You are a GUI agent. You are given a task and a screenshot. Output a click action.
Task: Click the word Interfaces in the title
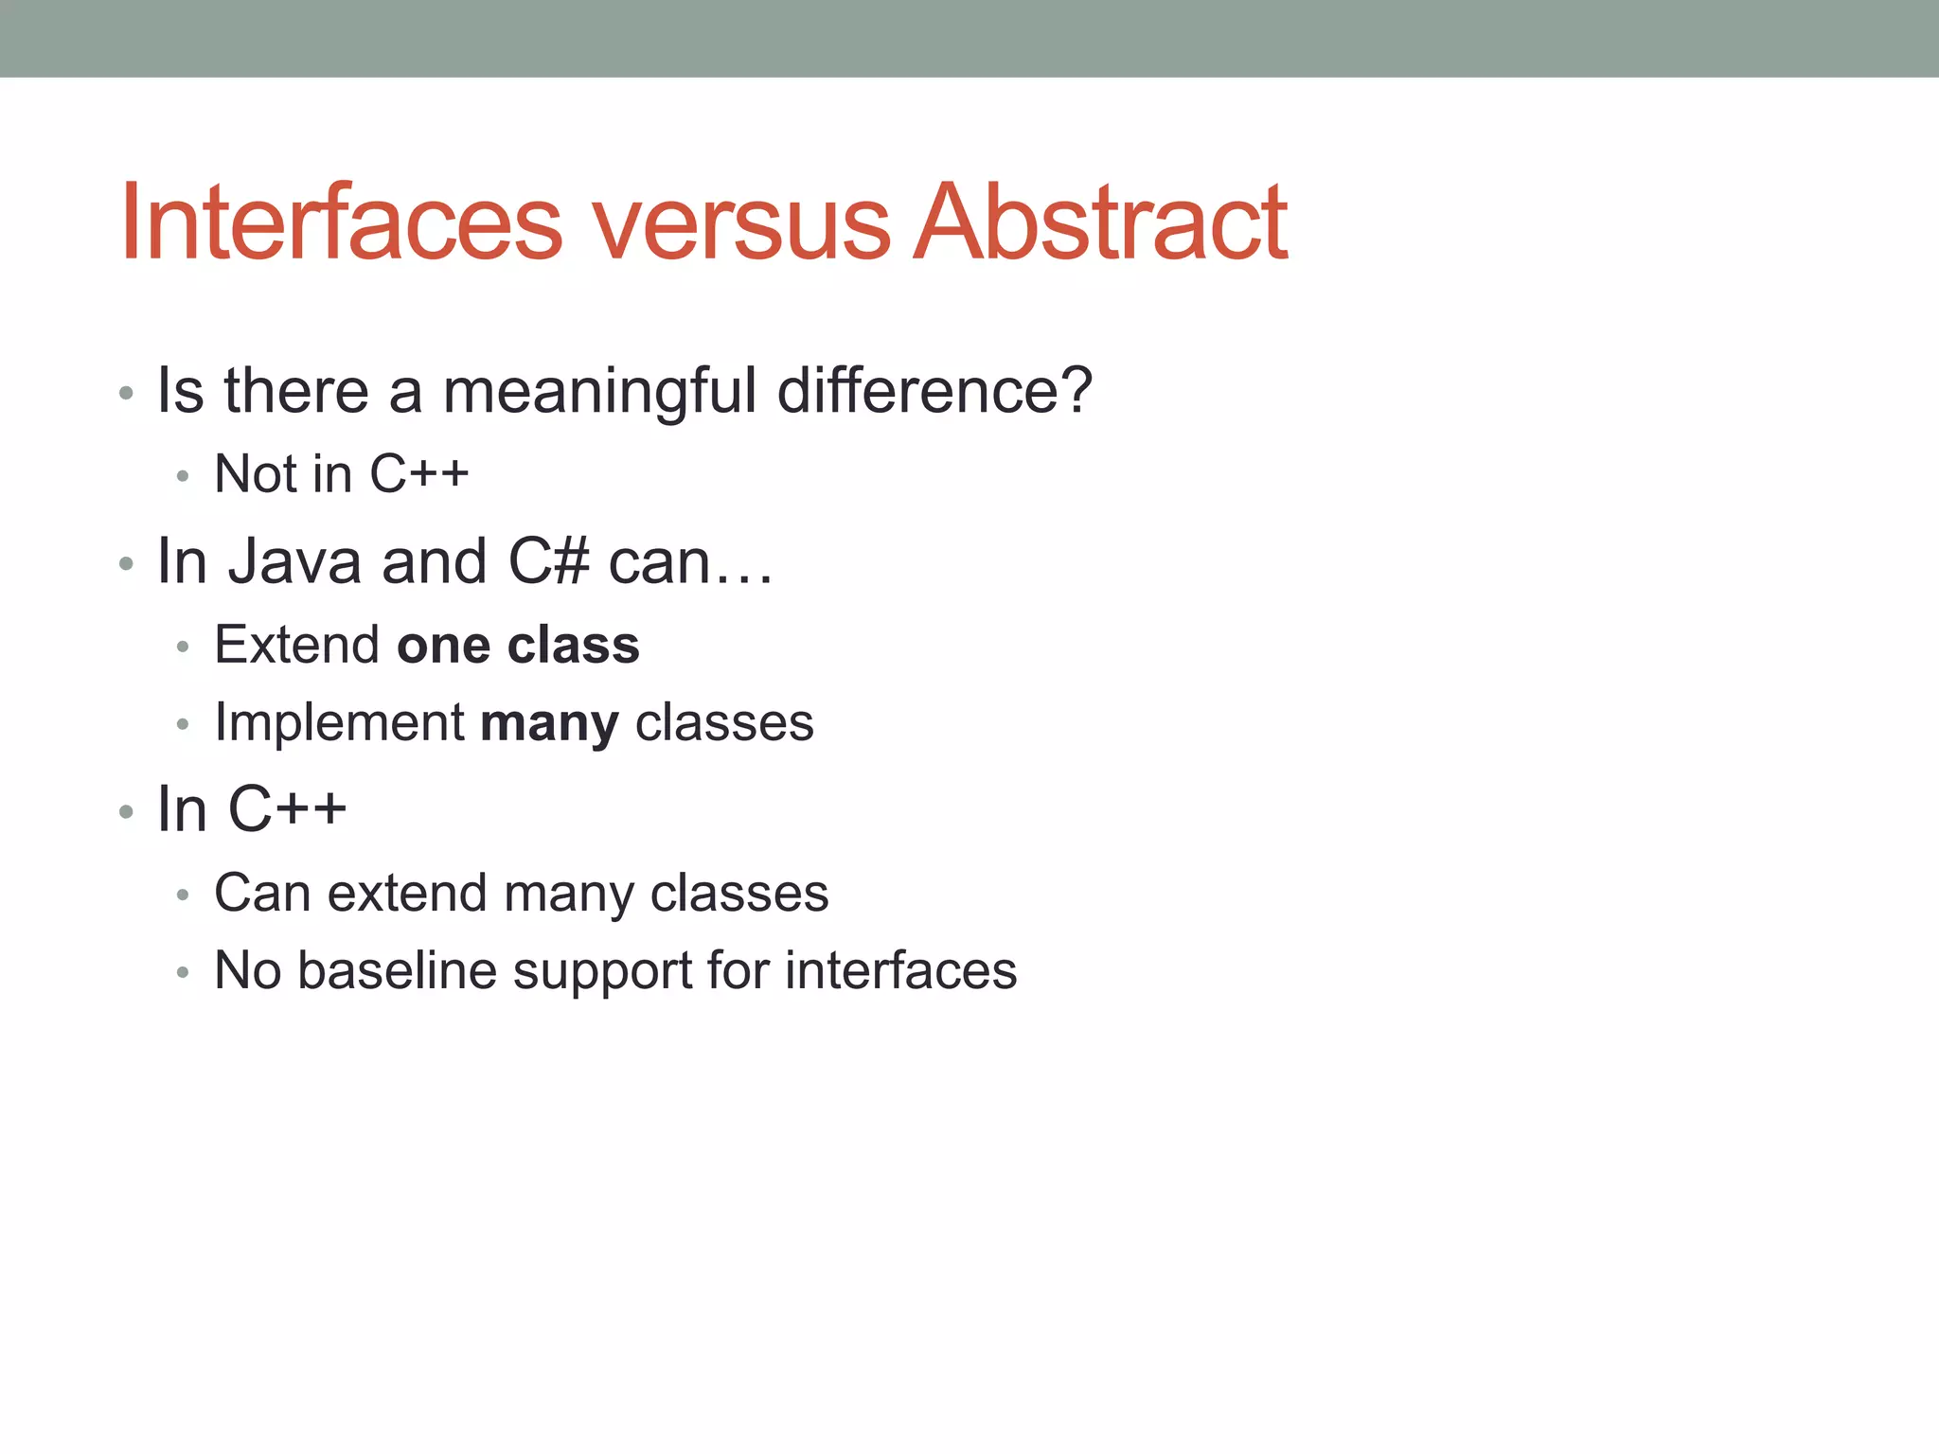341,222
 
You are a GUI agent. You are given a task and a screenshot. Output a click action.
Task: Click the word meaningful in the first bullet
599,391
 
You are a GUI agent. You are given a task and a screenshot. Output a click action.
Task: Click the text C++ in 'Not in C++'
418,474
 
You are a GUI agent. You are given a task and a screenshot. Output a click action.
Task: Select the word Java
294,561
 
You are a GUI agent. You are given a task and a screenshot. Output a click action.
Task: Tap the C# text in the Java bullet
549,561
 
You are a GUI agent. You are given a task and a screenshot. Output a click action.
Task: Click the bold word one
443,647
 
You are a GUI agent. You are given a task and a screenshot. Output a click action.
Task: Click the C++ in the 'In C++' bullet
288,809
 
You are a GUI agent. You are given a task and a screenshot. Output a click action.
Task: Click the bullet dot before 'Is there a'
126,392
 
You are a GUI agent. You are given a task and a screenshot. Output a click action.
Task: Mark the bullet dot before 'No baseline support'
183,972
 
